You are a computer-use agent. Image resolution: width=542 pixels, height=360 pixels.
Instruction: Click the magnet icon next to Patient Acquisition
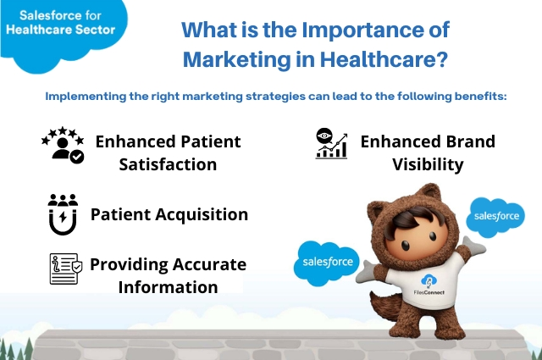point(63,213)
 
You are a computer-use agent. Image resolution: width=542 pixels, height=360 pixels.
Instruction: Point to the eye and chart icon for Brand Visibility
point(331,144)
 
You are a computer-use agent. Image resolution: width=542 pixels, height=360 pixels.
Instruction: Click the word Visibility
point(428,163)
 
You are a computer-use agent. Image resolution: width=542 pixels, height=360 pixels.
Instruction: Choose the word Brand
point(466,141)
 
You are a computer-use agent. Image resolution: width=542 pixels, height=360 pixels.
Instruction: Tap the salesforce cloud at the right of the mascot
point(495,216)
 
